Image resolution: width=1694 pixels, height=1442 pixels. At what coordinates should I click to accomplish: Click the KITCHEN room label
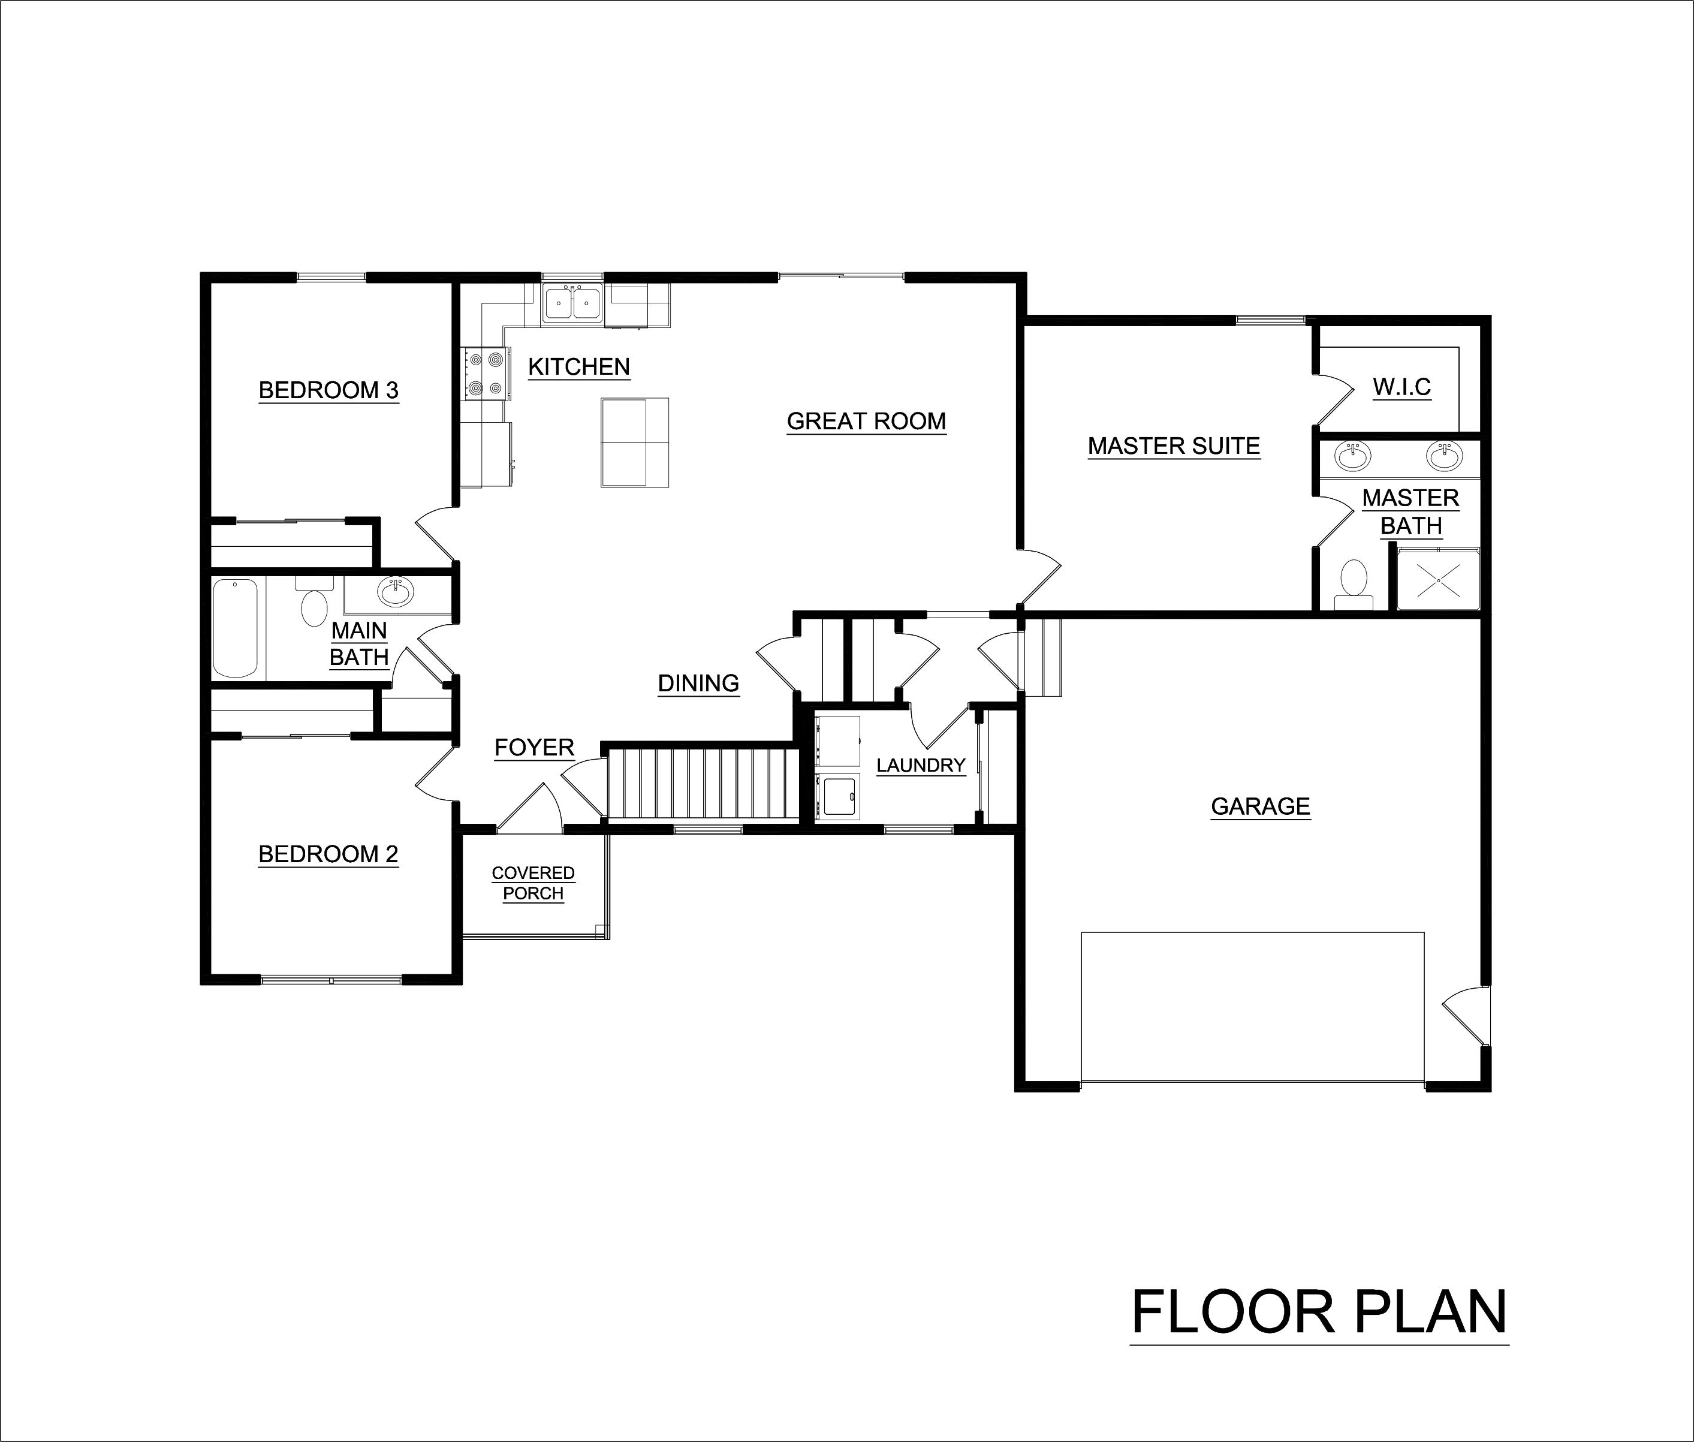(578, 367)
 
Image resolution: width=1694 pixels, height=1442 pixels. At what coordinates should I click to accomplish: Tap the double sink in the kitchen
(572, 304)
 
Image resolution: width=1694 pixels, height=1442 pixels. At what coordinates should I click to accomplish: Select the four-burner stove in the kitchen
(484, 373)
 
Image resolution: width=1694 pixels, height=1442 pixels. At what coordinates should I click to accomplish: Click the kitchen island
(635, 442)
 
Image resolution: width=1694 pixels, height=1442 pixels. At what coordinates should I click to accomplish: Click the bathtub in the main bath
(236, 628)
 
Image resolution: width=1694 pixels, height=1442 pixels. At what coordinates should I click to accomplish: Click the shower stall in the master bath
(1437, 580)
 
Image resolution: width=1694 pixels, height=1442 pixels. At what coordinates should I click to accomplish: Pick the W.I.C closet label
(1401, 387)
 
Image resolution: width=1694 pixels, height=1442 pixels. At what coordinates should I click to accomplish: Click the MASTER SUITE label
(1174, 446)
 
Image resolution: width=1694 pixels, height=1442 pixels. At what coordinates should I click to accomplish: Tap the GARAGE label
(1260, 807)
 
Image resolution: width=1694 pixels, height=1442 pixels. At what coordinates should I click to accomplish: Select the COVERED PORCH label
(533, 883)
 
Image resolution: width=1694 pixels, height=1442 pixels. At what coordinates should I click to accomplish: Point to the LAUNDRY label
(921, 765)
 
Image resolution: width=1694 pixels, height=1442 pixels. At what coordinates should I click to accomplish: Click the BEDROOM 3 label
(328, 391)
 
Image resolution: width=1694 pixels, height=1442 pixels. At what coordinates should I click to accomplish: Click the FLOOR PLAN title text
(1318, 1311)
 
